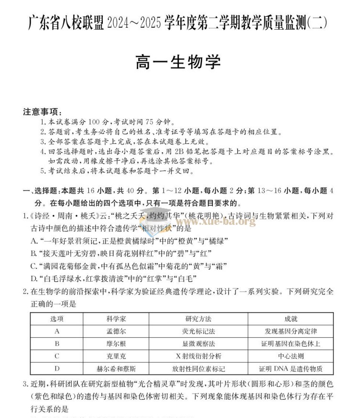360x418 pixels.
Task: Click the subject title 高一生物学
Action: coord(179,62)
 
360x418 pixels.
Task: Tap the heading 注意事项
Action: coord(42,112)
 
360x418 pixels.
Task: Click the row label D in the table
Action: coord(57,369)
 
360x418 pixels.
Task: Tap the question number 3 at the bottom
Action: coord(25,385)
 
